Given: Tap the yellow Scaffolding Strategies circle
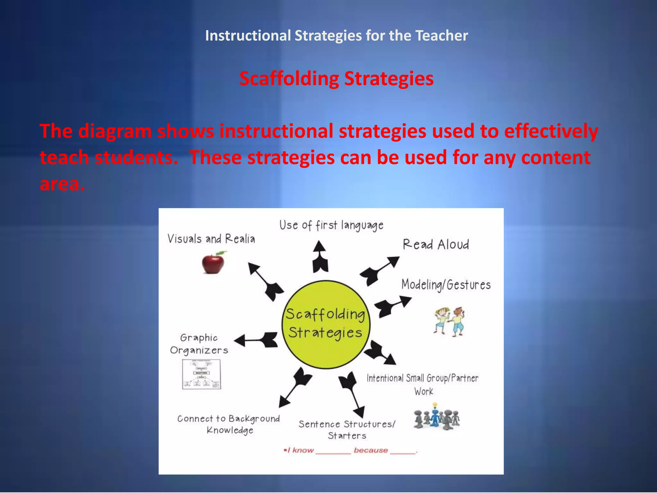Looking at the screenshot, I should coord(326,324).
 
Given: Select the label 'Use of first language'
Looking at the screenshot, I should coord(331,225).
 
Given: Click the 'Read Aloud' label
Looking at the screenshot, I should coord(436,245).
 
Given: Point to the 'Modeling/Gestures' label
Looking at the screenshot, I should coord(446,285).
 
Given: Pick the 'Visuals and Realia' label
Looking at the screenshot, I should coord(211,239).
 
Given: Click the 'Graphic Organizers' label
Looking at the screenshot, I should coord(199,344).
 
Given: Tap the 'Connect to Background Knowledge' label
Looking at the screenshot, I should coord(229,424).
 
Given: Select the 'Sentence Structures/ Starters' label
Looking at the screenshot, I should coord(347,430).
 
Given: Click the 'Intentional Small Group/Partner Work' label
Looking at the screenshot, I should coord(422,384).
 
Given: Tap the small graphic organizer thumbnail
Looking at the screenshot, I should coord(201,374).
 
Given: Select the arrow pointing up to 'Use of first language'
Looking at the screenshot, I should coord(320,257).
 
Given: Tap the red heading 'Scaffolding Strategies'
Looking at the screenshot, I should coord(337,79).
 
